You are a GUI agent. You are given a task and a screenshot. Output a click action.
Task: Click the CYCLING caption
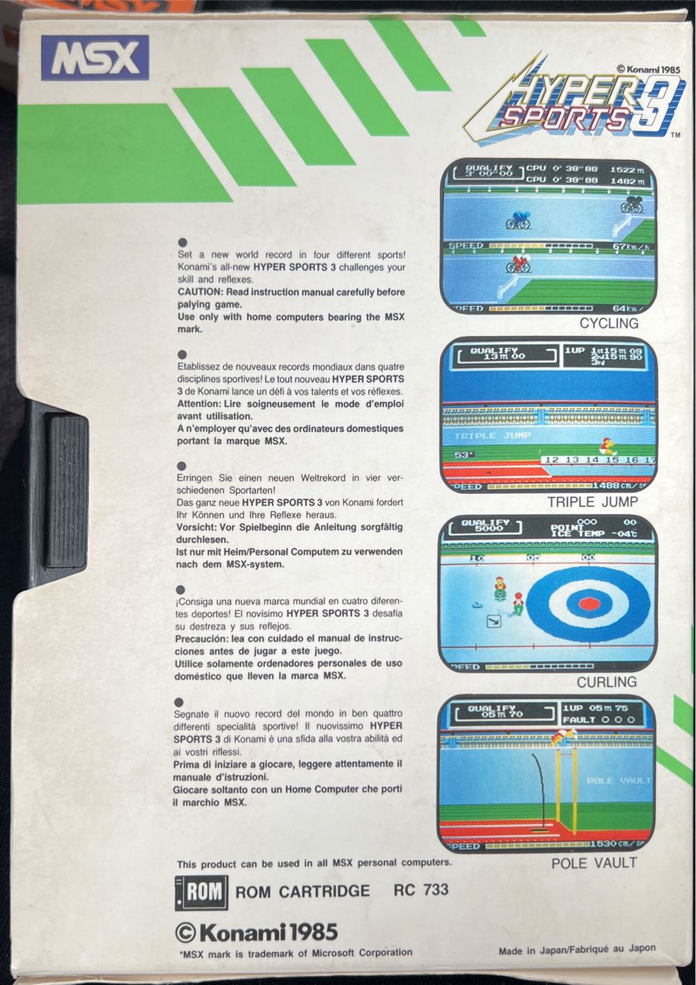(608, 323)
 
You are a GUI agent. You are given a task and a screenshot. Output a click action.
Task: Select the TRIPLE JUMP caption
(592, 502)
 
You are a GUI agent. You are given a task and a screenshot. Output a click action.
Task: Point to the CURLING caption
(606, 682)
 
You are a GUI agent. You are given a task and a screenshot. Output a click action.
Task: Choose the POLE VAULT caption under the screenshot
(594, 863)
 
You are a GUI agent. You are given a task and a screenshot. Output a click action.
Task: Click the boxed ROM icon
(201, 892)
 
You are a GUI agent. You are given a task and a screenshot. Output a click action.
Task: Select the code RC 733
(421, 890)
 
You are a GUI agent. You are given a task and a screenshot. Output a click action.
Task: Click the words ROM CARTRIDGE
(303, 891)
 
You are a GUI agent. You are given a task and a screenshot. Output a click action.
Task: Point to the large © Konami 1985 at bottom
(256, 931)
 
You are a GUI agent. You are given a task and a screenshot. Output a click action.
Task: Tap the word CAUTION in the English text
(200, 292)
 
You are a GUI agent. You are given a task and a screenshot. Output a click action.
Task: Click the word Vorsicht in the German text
(199, 527)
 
